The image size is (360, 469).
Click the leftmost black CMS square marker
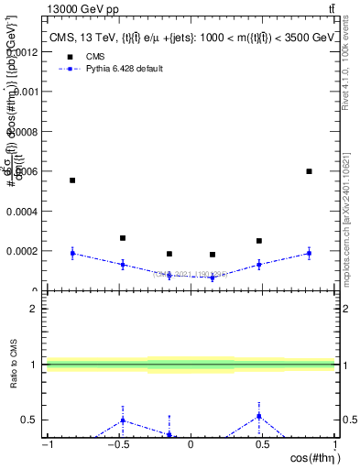[x=72, y=180]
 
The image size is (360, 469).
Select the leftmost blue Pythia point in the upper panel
[x=72, y=253]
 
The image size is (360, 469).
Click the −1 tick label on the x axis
[x=46, y=446]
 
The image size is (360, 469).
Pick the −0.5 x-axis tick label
[x=116, y=446]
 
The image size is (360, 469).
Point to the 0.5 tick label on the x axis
[x=263, y=446]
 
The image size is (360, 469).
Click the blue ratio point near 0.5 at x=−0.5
[x=122, y=420]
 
